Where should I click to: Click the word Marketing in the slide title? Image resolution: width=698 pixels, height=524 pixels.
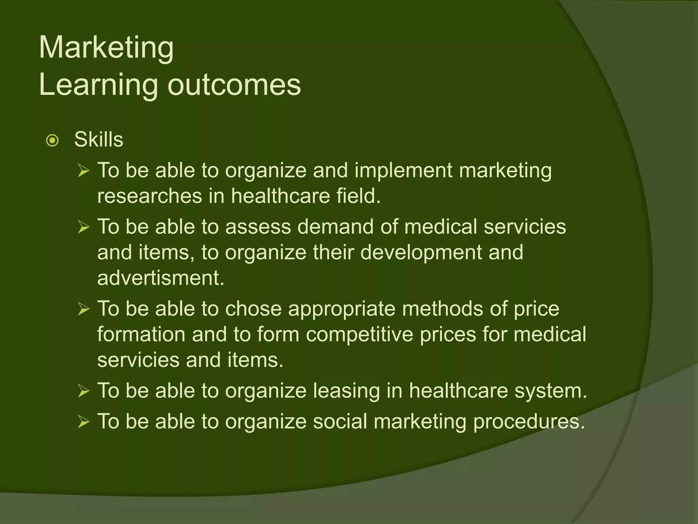point(106,48)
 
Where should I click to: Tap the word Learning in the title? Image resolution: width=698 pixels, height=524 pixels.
point(98,85)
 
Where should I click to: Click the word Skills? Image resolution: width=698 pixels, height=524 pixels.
point(98,140)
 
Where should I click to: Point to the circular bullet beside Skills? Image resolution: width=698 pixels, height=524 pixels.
point(52,140)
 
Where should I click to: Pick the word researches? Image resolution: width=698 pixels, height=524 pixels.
point(150,196)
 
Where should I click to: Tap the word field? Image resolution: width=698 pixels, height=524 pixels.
point(358,196)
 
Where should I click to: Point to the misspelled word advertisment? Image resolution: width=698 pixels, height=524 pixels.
point(161,278)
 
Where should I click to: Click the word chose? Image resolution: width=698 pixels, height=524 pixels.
point(253,309)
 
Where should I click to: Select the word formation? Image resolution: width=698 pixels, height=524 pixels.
point(141,334)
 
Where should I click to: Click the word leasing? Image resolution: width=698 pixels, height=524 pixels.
point(346,391)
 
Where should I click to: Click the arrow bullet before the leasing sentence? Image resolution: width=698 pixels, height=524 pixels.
point(84,391)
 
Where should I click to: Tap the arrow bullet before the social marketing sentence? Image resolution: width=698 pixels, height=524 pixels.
point(84,422)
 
